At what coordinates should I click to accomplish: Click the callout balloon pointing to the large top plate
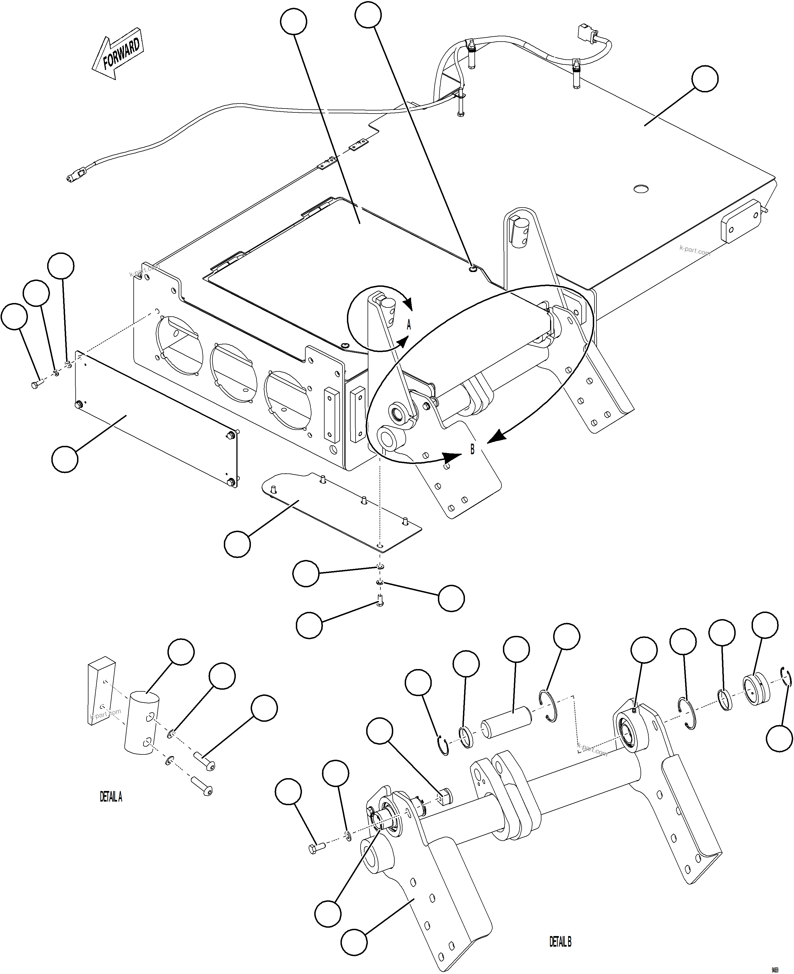[x=704, y=79]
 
